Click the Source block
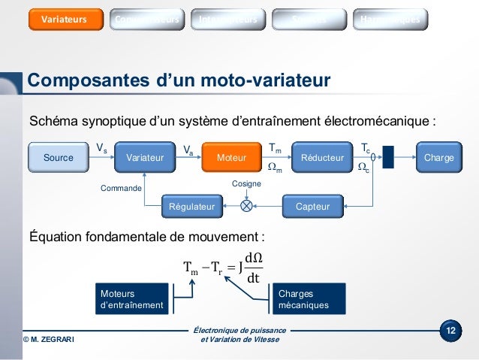(x=58, y=158)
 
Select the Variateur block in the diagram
(x=145, y=158)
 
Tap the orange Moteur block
(x=231, y=158)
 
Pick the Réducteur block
(x=322, y=158)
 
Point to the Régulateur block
(x=192, y=205)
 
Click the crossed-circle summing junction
(x=246, y=205)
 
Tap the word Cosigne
(x=246, y=183)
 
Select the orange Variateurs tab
(x=64, y=18)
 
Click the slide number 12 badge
(x=450, y=331)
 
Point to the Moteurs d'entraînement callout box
(x=131, y=299)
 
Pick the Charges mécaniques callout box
(x=308, y=299)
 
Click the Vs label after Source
(x=101, y=148)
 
